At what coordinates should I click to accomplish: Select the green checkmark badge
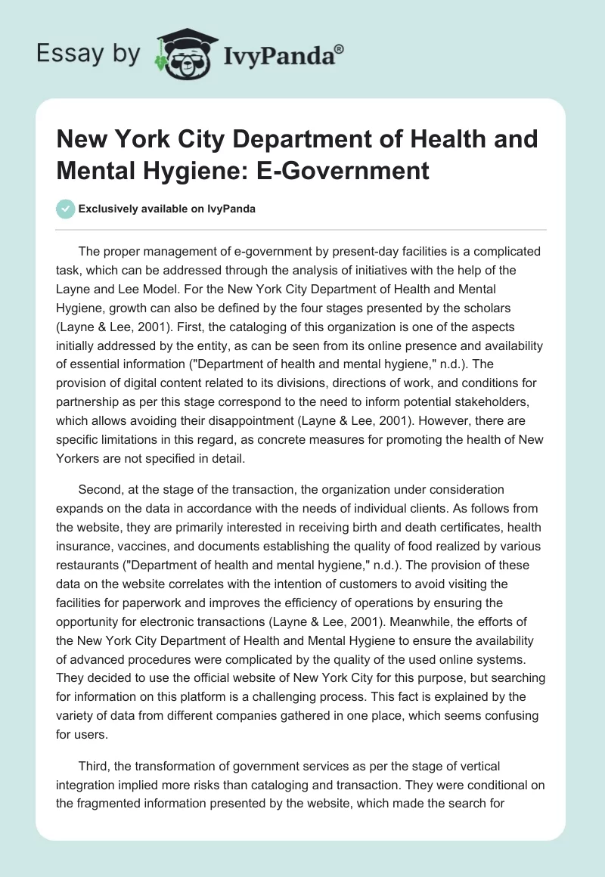point(66,209)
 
